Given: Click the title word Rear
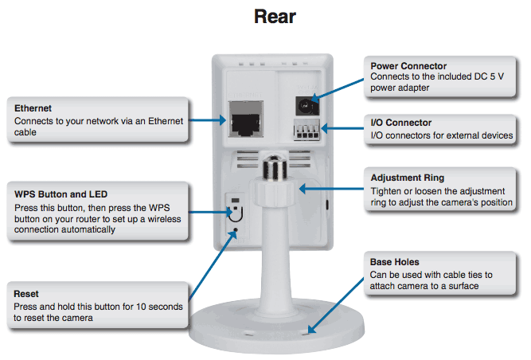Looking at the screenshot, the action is [275, 17].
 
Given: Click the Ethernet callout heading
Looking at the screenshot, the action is [33, 108].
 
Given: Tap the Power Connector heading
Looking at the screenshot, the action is [408, 65].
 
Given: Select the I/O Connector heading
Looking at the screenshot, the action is [401, 123].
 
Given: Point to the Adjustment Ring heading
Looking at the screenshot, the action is [408, 178].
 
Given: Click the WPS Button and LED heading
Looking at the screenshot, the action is [61, 194].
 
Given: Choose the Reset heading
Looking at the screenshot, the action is [26, 294].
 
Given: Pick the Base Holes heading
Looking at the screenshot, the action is [395, 262].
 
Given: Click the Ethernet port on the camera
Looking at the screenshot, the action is [246, 119].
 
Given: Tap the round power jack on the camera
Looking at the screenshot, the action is [306, 106].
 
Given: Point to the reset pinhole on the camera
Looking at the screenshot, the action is [236, 230].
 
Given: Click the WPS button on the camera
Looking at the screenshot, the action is [236, 212].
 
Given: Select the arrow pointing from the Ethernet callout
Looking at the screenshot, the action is [207, 120].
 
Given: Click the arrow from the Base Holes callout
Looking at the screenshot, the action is [336, 306].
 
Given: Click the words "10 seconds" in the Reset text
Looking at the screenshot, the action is [159, 307].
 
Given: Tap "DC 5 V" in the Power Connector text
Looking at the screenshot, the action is [489, 76].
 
